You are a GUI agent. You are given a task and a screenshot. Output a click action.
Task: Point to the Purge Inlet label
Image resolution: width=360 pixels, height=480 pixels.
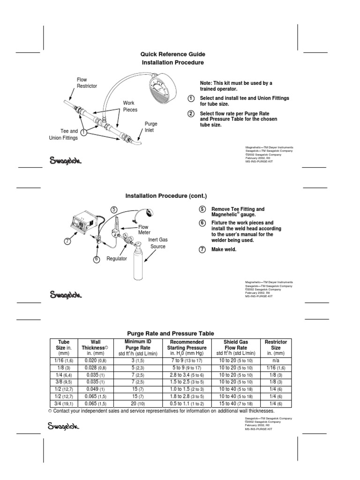(150, 127)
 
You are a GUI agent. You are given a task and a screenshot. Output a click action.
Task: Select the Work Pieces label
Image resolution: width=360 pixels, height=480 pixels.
(130, 106)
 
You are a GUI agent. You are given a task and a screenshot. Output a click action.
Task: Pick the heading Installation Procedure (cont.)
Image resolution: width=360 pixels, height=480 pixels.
(165, 195)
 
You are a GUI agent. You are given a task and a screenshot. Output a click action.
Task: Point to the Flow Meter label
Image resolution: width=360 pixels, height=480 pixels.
(143, 229)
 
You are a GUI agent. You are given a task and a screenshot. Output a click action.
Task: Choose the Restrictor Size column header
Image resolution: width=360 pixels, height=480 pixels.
(276, 348)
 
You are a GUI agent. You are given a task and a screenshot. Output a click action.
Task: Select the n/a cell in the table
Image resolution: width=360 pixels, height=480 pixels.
(276, 361)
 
